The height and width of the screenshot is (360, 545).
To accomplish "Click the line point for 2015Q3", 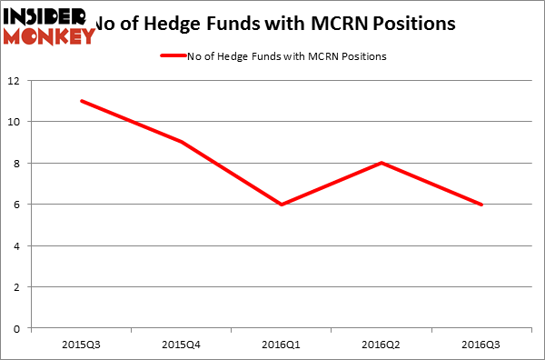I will (81, 101).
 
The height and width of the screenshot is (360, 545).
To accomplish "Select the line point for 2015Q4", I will (182, 142).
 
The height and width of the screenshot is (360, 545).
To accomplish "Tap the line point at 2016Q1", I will (282, 205).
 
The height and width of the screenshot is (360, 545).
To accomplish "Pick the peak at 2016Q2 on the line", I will (382, 163).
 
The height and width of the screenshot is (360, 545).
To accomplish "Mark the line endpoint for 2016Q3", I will (482, 205).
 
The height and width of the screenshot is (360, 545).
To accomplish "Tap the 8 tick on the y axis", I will (19, 163).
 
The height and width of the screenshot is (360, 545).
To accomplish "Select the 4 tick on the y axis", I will (19, 245).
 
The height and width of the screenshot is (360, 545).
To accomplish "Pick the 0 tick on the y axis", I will (19, 328).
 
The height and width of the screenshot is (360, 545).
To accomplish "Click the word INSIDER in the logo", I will (45, 15).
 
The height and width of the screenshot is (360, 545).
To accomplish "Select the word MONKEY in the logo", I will (49, 35).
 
